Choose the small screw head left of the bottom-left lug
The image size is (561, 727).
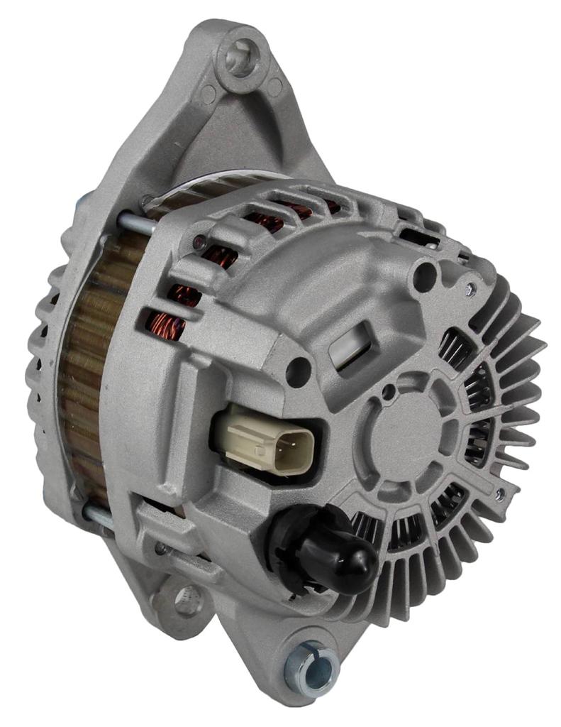coord(161,547)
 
